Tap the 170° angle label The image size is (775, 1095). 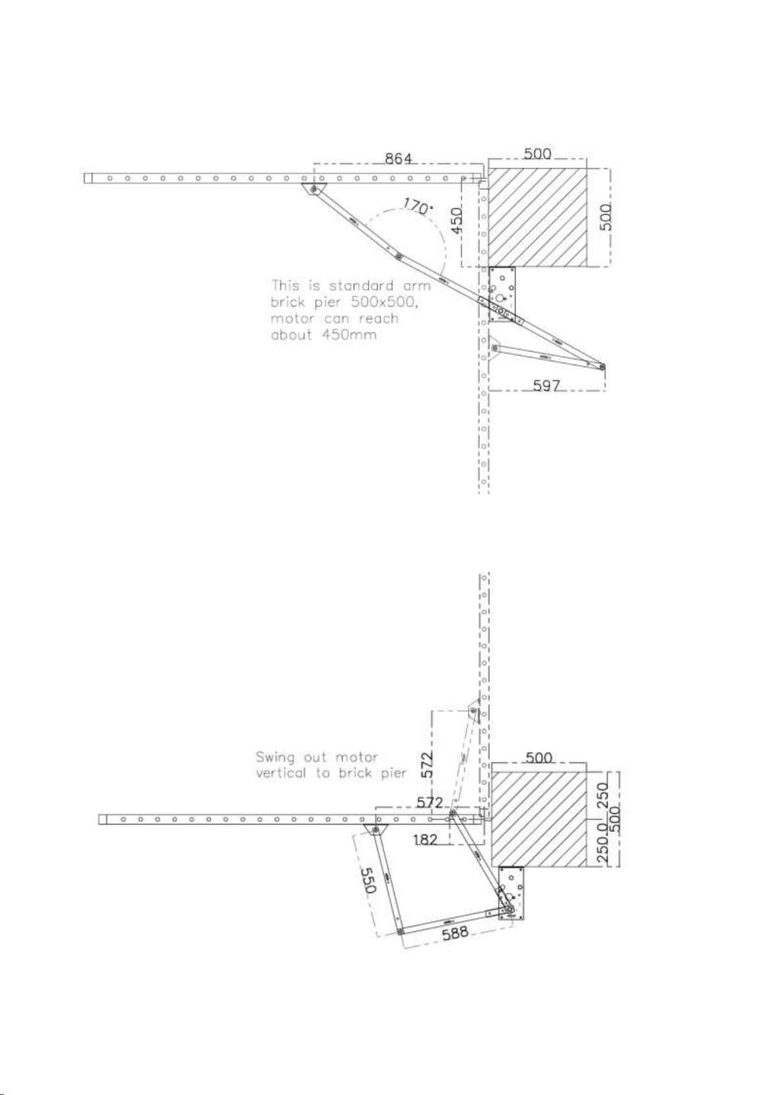(417, 207)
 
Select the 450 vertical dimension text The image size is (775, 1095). (457, 221)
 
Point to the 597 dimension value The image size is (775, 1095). (546, 385)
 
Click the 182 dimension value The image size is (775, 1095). (425, 840)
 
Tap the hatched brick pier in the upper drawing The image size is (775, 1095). (537, 217)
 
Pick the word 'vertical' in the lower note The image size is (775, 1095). (280, 773)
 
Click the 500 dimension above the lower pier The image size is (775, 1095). (539, 758)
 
